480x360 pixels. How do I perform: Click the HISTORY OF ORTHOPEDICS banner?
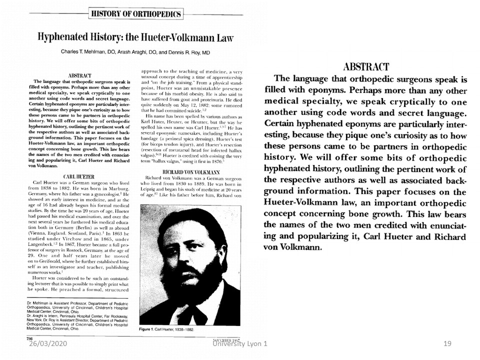coord(135,13)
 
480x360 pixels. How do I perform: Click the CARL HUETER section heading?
coord(78,176)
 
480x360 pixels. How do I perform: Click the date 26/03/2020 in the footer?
coord(46,344)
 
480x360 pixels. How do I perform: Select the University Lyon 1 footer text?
coord(239,344)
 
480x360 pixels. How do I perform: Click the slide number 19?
coord(447,344)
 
